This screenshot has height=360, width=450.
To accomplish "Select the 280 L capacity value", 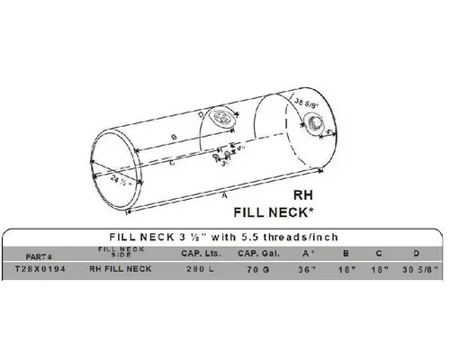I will pyautogui.click(x=198, y=268).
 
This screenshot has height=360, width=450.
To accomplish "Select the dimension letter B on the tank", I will pyautogui.click(x=172, y=135).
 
